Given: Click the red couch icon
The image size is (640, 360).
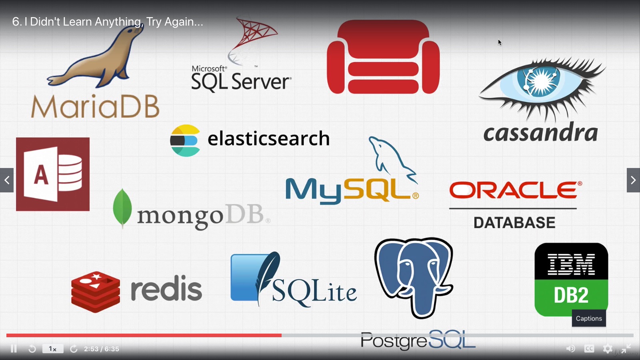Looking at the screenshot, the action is click(383, 57).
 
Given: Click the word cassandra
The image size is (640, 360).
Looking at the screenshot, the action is click(540, 132).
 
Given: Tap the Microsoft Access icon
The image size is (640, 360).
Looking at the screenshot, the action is click(53, 174).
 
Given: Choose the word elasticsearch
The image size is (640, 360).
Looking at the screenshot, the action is click(268, 138).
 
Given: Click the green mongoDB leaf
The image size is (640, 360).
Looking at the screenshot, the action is click(122, 208).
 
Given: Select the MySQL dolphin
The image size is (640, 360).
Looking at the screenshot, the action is click(390, 158).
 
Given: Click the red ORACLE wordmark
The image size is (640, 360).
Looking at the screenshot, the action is click(515, 190).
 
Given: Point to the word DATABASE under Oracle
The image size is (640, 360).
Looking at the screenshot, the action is click(514, 222).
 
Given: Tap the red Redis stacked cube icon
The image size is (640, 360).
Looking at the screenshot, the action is click(96, 292).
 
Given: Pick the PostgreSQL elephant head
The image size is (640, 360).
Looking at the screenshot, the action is click(414, 276).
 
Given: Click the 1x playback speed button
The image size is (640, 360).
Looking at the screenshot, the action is click(53, 349).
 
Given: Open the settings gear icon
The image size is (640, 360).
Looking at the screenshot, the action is click(608, 349).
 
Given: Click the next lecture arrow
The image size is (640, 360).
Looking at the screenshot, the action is click(633, 180).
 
